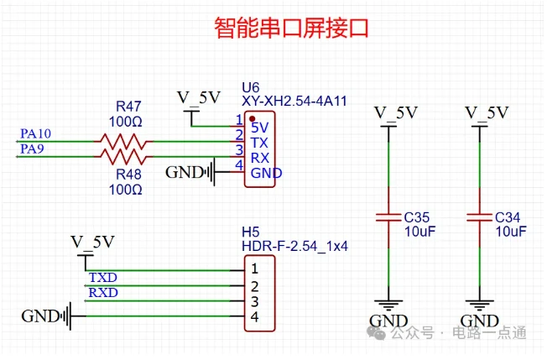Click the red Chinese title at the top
[x=291, y=28]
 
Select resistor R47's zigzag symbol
[x=123, y=141]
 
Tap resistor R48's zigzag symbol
[x=123, y=157]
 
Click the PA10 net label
[x=35, y=133]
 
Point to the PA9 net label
[x=32, y=149]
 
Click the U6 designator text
[x=251, y=87]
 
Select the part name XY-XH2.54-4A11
[x=294, y=102]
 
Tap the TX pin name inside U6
[x=259, y=143]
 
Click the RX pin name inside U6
[x=260, y=158]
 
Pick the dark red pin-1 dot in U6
[x=253, y=119]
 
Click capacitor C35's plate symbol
[x=388, y=217]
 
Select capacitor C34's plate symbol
[x=480, y=217]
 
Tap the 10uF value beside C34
[x=511, y=232]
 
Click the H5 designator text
[x=251, y=232]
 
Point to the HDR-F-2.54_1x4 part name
[x=294, y=246]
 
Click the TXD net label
[x=103, y=277]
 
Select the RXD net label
[x=103, y=292]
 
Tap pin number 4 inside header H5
[x=255, y=316]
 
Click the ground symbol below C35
[x=388, y=305]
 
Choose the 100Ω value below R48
[x=126, y=190]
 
